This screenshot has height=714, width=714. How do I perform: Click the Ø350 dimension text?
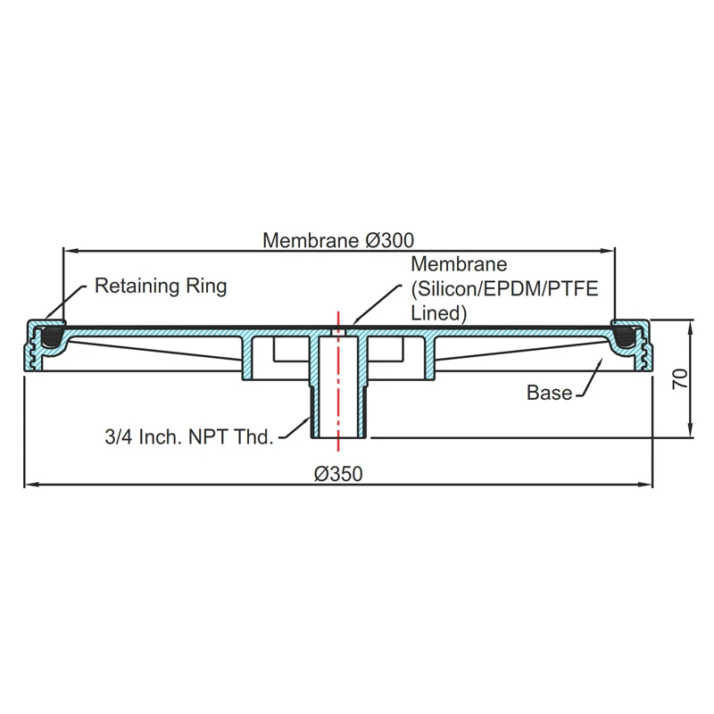(x=338, y=474)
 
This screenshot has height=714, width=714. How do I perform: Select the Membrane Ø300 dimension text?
(x=338, y=240)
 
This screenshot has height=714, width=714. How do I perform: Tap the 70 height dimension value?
(x=680, y=378)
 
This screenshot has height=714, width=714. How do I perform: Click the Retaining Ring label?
(x=161, y=286)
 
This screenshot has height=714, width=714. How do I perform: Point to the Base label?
(x=549, y=393)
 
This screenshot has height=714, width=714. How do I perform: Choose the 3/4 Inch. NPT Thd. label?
(x=188, y=438)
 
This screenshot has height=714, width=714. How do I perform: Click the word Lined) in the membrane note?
(x=439, y=313)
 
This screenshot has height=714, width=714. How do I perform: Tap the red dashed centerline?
(x=338, y=384)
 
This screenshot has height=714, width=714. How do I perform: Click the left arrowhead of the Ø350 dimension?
(x=29, y=486)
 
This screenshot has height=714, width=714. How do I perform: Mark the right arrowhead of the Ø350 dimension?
(x=649, y=486)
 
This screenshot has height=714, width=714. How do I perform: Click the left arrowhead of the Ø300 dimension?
(x=68, y=251)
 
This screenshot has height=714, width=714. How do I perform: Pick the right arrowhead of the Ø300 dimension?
(x=610, y=251)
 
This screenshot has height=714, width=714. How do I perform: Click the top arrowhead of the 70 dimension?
(x=693, y=323)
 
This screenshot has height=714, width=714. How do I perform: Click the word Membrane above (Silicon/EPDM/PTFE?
(x=458, y=265)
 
